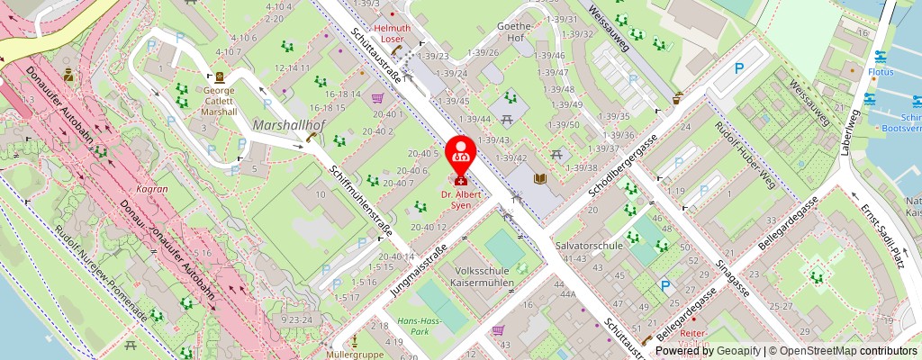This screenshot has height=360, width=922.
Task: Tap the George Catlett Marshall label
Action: pyautogui.click(x=219, y=100)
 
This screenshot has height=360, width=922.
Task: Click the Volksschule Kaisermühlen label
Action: pyautogui.click(x=484, y=276)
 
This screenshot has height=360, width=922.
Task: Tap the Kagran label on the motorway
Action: pyautogui.click(x=147, y=190)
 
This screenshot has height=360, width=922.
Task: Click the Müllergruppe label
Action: pyautogui.click(x=354, y=355)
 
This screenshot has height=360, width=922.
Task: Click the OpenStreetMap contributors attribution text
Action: pyautogui.click(x=842, y=351)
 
